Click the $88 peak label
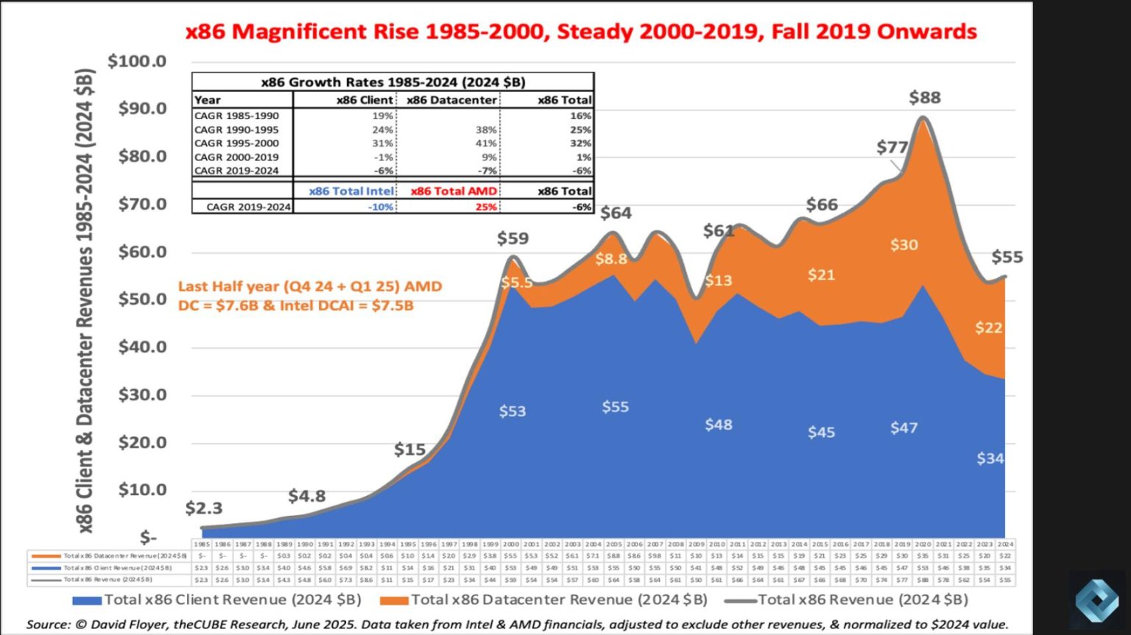point(925,98)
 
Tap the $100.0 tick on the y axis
point(137,61)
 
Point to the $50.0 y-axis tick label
point(142,299)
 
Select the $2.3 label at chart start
point(203,508)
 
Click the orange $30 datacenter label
point(903,245)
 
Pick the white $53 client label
point(512,411)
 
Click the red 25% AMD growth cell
point(486,207)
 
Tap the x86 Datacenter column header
point(451,100)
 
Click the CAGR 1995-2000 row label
point(236,143)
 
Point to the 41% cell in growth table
point(486,143)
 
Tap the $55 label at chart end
point(1007,258)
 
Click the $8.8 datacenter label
point(611,259)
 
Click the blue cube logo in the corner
point(1096,600)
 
